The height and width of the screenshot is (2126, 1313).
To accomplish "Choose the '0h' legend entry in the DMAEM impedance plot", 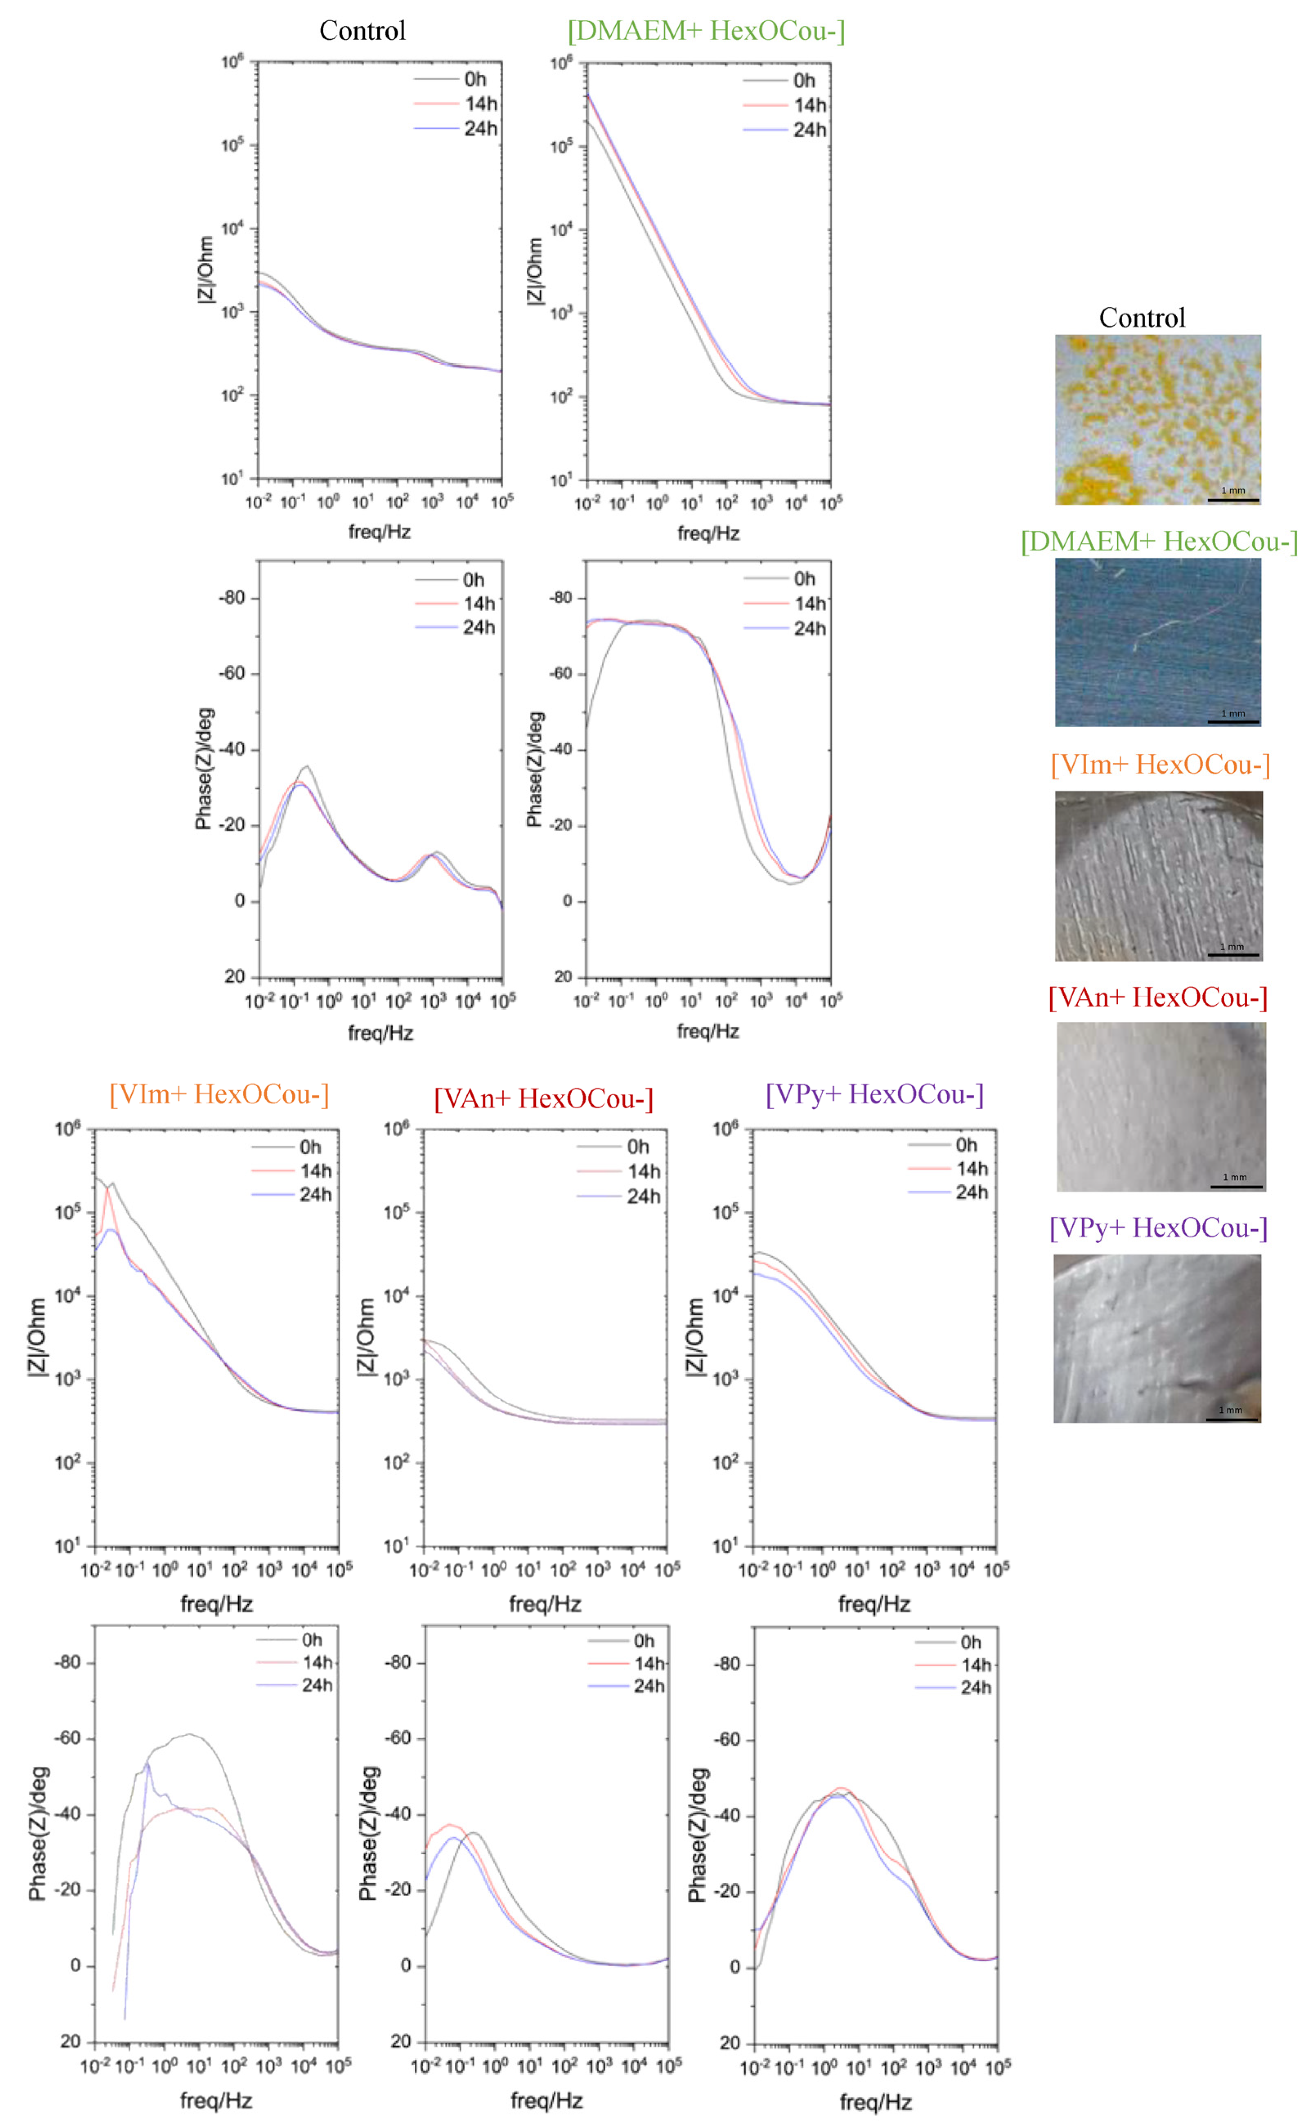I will click(804, 81).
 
